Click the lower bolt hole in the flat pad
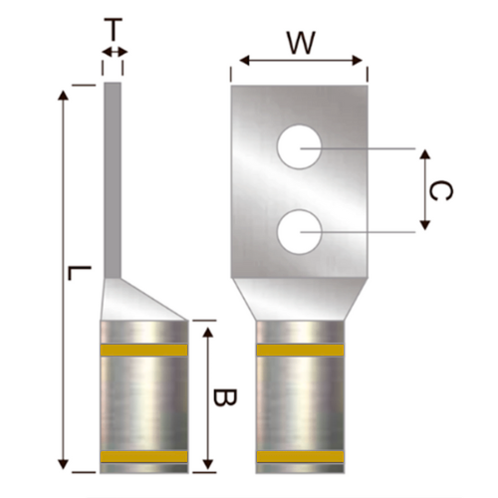pos(299,235)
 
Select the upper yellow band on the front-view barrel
pos(299,351)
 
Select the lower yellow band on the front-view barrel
pos(299,456)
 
